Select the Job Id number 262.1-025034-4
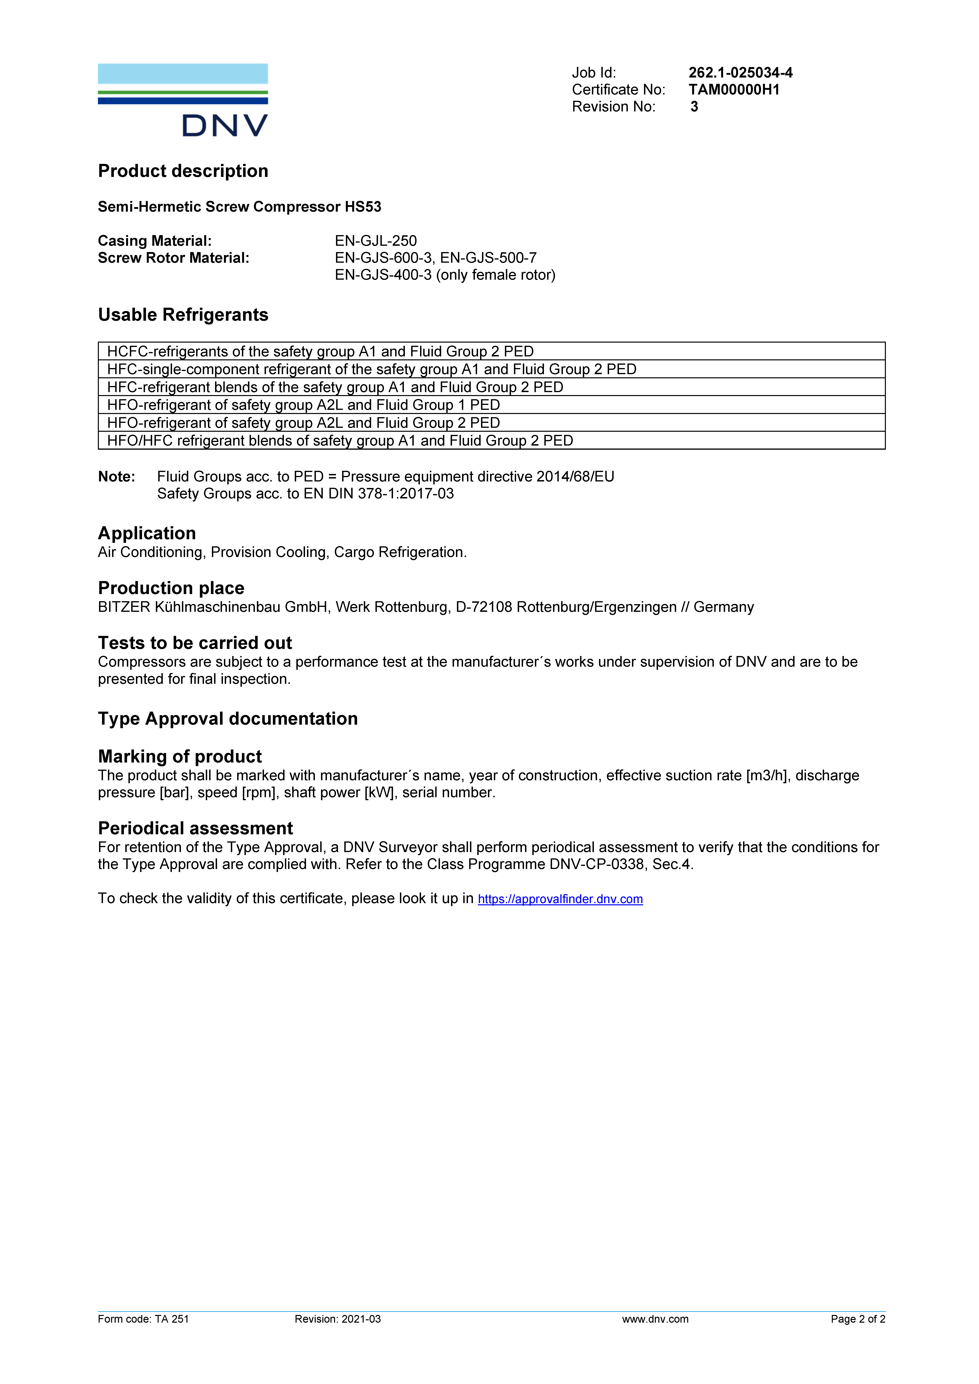(740, 73)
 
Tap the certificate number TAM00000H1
(734, 90)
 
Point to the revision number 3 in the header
(694, 107)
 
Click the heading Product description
(183, 171)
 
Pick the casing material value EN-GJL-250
(376, 241)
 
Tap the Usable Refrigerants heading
(183, 315)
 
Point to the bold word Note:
(116, 477)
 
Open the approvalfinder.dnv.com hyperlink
(560, 899)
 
